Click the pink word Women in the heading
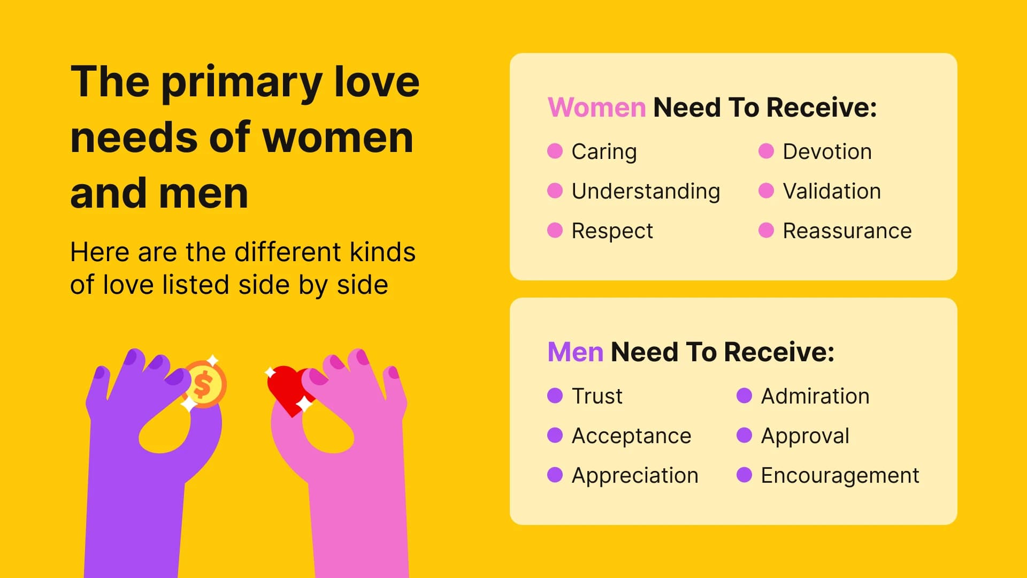pos(596,108)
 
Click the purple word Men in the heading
pos(575,352)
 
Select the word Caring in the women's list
pos(604,151)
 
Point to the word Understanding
pos(646,191)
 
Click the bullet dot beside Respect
pos(555,231)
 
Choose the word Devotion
pos(827,151)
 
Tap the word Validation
pos(831,191)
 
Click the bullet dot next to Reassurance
pos(766,231)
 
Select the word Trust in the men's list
pos(597,396)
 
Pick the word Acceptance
pos(631,436)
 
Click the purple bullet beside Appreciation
pos(555,475)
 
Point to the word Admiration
pos(815,396)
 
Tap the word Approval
pos(804,436)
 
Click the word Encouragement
pos(840,475)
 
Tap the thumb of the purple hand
pos(206,428)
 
